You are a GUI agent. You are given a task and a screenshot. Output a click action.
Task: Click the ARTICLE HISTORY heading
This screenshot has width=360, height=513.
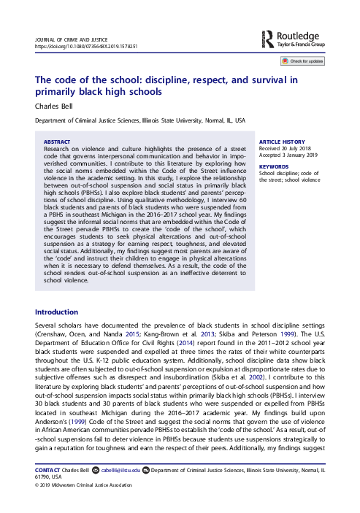[x=280, y=141]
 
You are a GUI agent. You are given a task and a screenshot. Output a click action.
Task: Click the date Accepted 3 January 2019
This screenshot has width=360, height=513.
[x=289, y=155]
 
